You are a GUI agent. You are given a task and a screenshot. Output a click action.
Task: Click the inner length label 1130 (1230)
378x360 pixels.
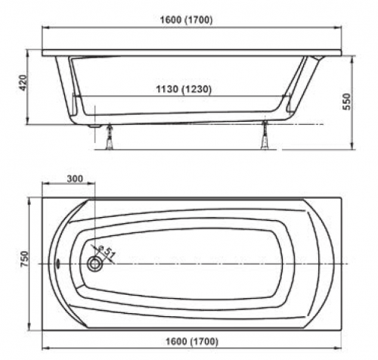180,89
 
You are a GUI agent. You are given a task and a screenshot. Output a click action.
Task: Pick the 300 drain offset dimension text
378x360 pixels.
75,179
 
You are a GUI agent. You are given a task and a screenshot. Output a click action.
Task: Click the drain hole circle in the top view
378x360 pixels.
95,264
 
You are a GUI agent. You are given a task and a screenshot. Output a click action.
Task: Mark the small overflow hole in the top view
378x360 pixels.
58,265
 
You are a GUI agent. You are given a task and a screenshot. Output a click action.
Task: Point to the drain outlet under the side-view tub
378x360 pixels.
94,126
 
